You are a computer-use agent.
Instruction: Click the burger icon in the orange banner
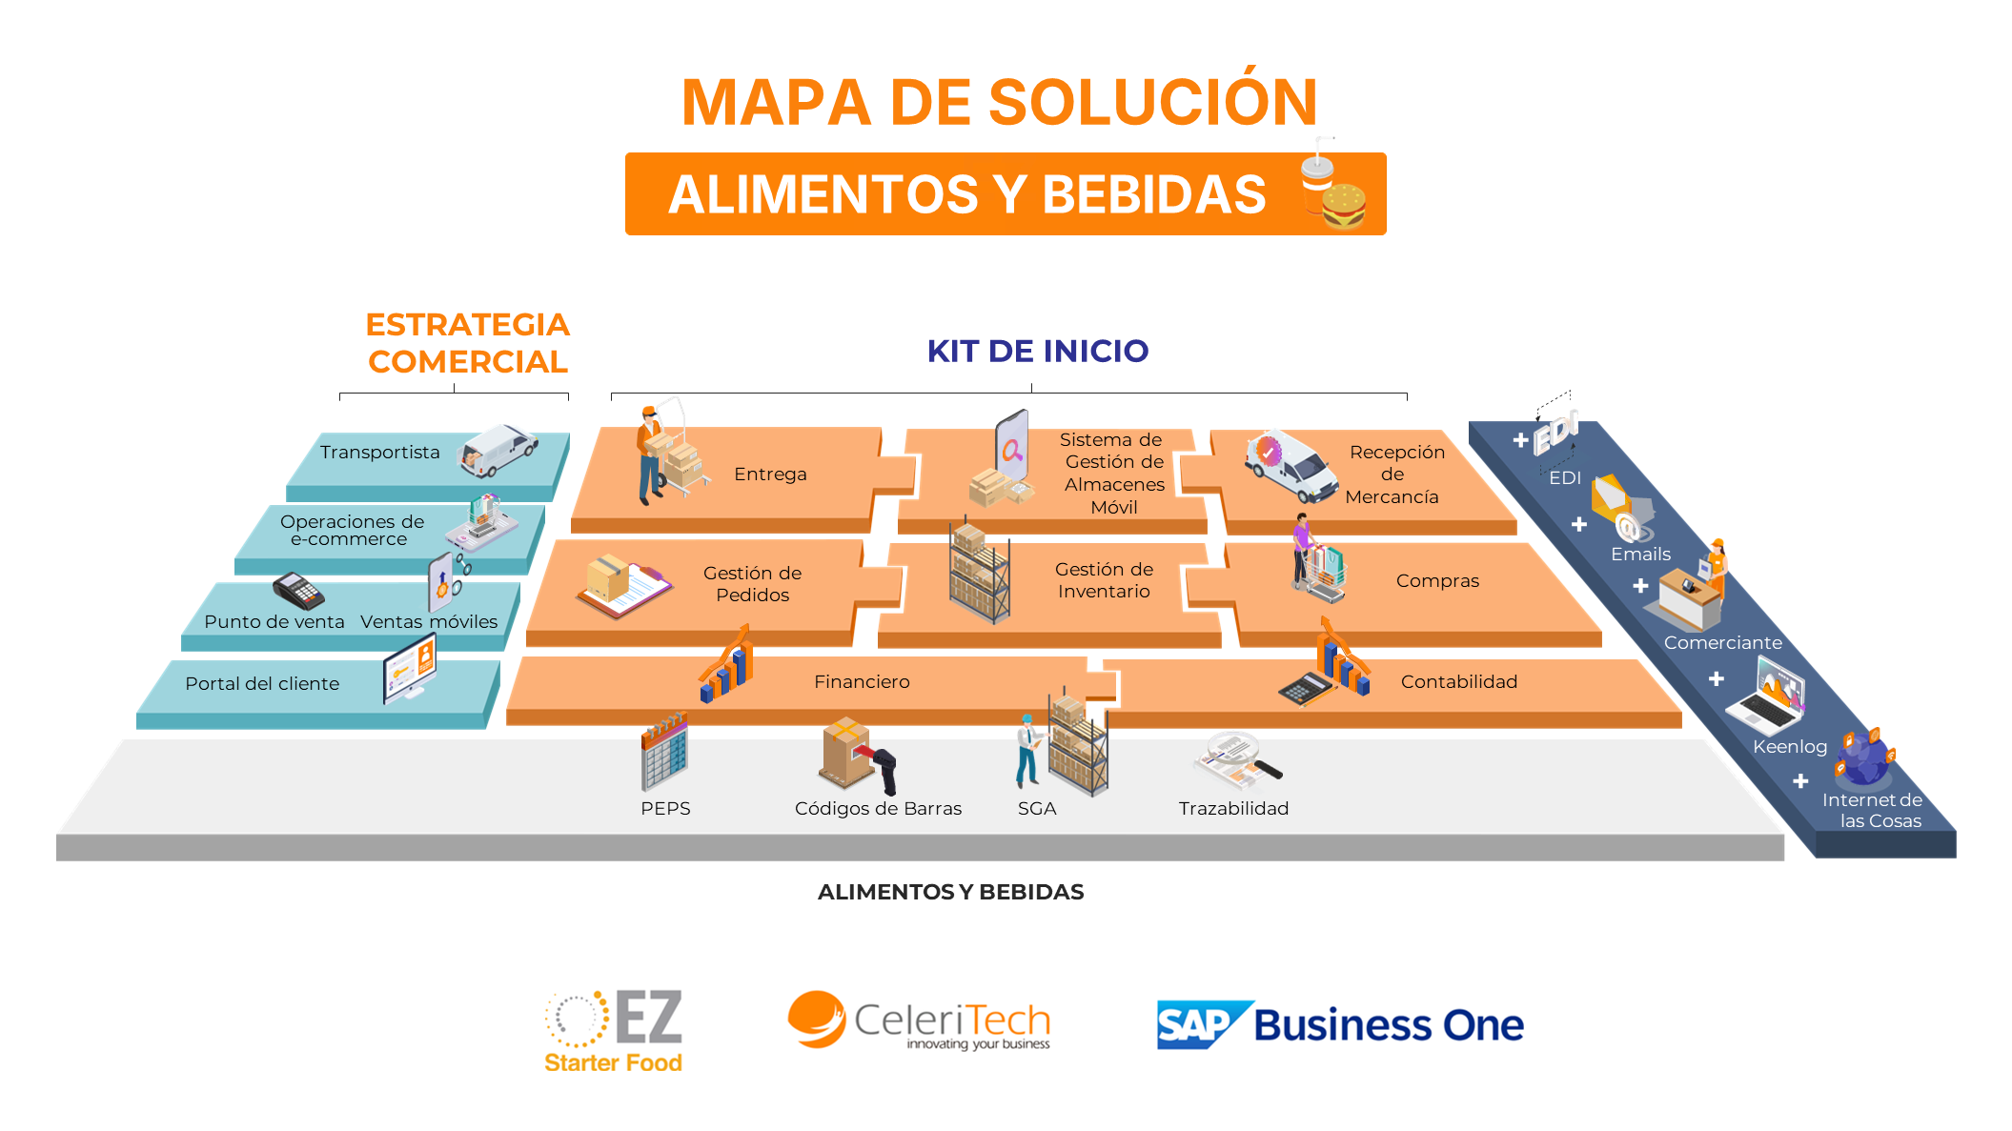tap(1344, 206)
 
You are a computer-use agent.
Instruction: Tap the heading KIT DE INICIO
tap(1038, 351)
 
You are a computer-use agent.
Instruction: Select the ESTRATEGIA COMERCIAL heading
tap(468, 343)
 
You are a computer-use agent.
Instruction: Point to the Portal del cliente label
tap(262, 683)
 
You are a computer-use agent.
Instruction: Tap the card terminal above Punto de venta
tap(298, 591)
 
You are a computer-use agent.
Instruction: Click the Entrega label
tap(770, 474)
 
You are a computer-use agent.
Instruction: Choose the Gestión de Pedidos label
tap(753, 583)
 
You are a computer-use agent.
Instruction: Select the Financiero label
tap(862, 681)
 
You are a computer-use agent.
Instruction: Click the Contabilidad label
tap(1459, 681)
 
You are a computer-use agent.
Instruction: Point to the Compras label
tap(1437, 580)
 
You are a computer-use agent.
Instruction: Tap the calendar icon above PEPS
tap(664, 752)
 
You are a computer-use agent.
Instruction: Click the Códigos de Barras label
tap(878, 808)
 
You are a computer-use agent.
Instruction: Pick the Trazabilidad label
tap(1233, 808)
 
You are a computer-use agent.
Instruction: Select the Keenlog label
tap(1790, 747)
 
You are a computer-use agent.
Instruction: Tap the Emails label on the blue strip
tap(1640, 554)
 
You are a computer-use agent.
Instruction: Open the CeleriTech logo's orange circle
tap(817, 1019)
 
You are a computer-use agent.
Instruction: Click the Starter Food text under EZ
tap(613, 1062)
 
